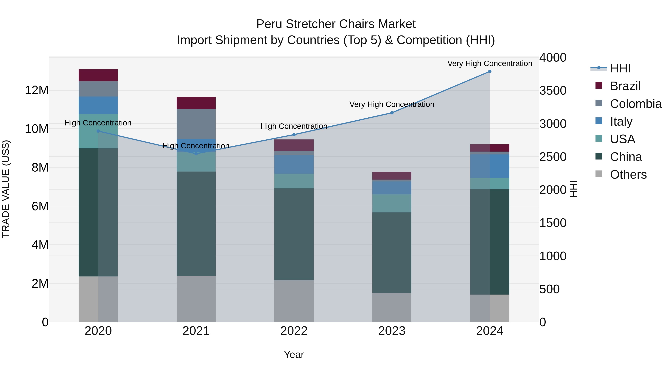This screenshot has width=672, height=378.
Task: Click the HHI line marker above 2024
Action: tap(490, 71)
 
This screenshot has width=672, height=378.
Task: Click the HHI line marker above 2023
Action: tap(392, 113)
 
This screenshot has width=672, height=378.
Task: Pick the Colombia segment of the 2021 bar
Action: tap(196, 124)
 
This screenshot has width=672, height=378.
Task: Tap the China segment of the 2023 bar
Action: tap(392, 253)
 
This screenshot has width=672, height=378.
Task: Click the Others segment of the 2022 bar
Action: tap(294, 301)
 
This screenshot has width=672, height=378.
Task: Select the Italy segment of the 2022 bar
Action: tap(294, 164)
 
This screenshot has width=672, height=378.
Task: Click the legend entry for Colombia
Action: tap(635, 104)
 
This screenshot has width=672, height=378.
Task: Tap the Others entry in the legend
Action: tap(628, 175)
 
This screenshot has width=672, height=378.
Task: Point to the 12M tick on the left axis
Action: tap(37, 90)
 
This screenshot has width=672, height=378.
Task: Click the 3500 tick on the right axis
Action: tap(553, 91)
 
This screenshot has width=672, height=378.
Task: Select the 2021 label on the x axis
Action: tap(196, 331)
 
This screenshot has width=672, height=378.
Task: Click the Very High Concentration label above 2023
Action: tap(392, 104)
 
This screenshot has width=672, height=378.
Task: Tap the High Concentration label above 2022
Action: tap(294, 126)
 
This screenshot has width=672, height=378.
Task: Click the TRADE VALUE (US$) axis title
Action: tap(6, 189)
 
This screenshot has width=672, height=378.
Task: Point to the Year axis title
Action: tap(294, 354)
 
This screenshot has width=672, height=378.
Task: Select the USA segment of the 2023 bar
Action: tap(392, 203)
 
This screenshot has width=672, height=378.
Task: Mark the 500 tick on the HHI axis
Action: tap(549, 289)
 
